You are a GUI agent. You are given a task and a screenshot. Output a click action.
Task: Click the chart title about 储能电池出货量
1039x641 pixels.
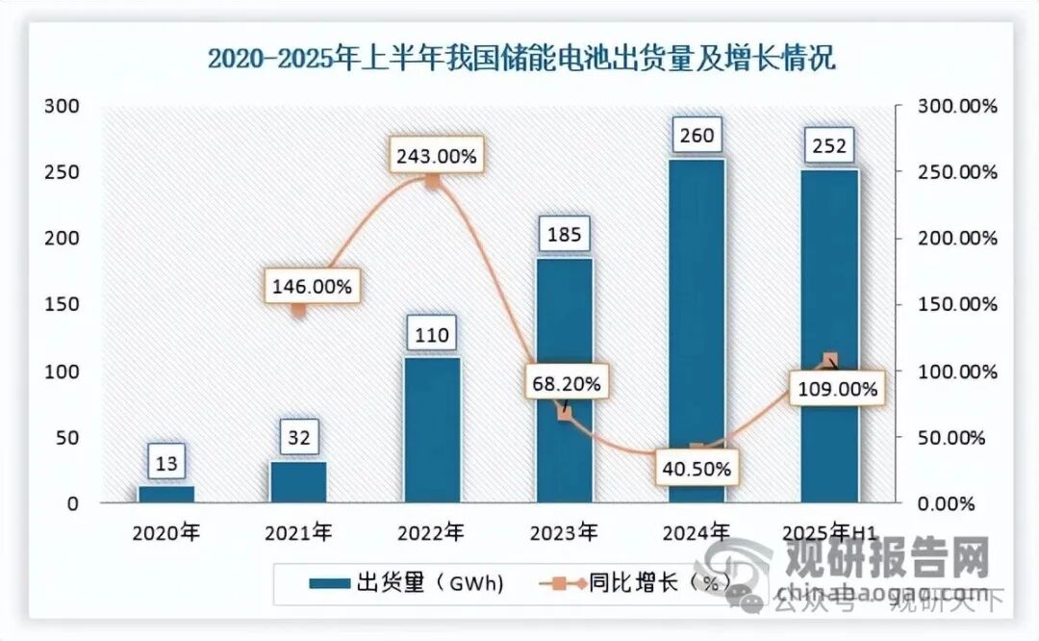pos(521,59)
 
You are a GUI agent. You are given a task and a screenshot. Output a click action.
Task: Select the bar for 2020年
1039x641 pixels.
pos(165,494)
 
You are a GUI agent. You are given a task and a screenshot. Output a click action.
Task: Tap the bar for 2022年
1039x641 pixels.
pos(432,429)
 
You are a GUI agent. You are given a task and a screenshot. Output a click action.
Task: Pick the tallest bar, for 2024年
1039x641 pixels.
pos(697,330)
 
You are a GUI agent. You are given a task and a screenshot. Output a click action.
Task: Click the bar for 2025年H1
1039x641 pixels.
pos(829,335)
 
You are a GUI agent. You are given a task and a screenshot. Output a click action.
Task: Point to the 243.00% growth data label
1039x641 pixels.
pos(433,156)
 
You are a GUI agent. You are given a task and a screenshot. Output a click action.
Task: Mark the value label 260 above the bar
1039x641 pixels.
pos(697,135)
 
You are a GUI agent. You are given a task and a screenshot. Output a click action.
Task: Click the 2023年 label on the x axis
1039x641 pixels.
pos(565,531)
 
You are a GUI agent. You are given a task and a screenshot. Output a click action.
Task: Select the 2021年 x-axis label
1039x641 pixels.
pos(299,531)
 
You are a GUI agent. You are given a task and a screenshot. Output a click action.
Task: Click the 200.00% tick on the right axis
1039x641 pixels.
pos(944,238)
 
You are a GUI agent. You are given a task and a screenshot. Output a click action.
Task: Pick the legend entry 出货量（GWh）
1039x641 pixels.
pos(404,582)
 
